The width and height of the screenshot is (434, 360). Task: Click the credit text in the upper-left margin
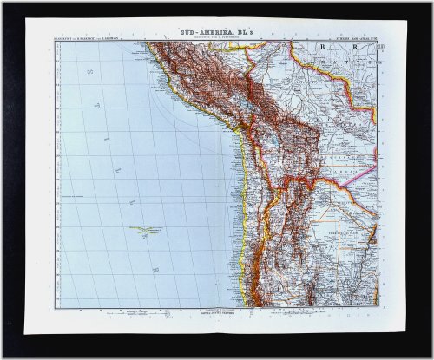90,36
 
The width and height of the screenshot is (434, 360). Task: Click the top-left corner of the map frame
56,41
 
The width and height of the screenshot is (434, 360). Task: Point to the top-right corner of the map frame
377,41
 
